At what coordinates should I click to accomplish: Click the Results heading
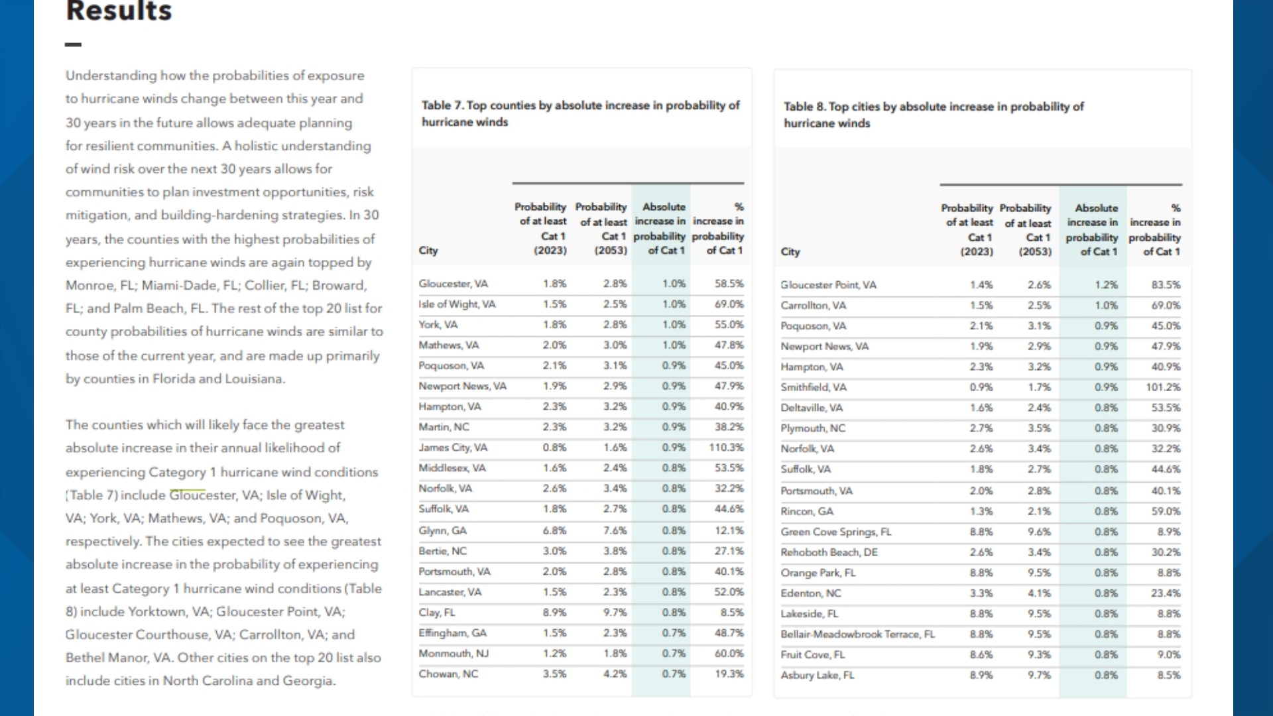tap(119, 11)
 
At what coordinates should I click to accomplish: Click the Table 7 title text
tap(581, 113)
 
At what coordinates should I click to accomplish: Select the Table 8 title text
tap(934, 115)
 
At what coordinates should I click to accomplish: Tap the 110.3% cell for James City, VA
tap(726, 447)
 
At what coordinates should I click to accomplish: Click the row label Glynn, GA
tap(442, 530)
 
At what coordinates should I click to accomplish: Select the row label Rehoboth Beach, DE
tap(829, 552)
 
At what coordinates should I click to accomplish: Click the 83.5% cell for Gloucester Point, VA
tap(1166, 285)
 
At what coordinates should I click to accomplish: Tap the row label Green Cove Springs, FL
tap(836, 532)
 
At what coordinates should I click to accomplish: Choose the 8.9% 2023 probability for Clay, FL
tap(554, 613)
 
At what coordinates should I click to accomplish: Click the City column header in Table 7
tap(428, 251)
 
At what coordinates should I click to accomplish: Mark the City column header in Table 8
tap(790, 252)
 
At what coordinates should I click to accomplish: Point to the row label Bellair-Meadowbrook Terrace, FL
tap(858, 634)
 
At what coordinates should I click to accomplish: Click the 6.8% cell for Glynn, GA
tap(554, 530)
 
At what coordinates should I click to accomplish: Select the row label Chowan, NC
tap(448, 674)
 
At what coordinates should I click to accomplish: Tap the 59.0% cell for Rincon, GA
tap(1166, 512)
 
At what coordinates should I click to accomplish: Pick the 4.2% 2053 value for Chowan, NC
tap(615, 674)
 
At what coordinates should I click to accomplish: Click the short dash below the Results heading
tap(74, 44)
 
